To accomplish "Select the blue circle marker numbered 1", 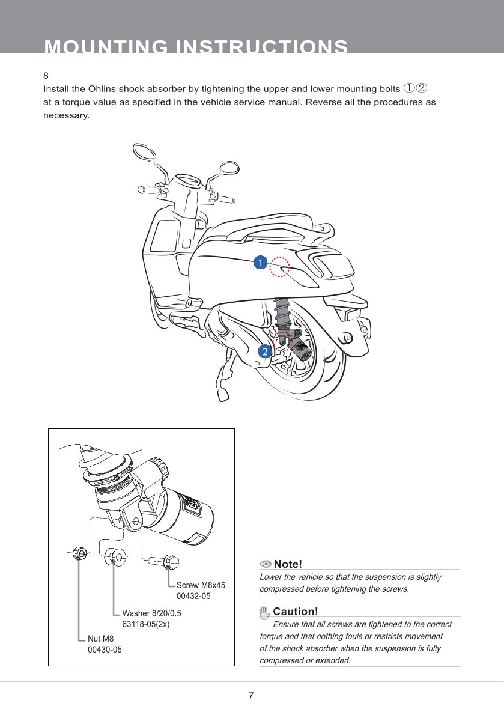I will (x=260, y=263).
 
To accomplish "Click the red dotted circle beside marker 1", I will (x=279, y=267).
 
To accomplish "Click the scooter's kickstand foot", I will (x=223, y=394).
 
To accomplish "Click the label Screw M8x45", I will (x=201, y=585).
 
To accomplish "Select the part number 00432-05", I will (x=193, y=596).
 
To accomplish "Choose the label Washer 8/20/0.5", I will (x=151, y=613).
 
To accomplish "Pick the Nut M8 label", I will (x=100, y=639).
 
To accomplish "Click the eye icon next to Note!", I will (x=266, y=564).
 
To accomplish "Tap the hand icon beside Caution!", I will (x=265, y=612).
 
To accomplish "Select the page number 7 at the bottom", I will (x=252, y=696).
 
